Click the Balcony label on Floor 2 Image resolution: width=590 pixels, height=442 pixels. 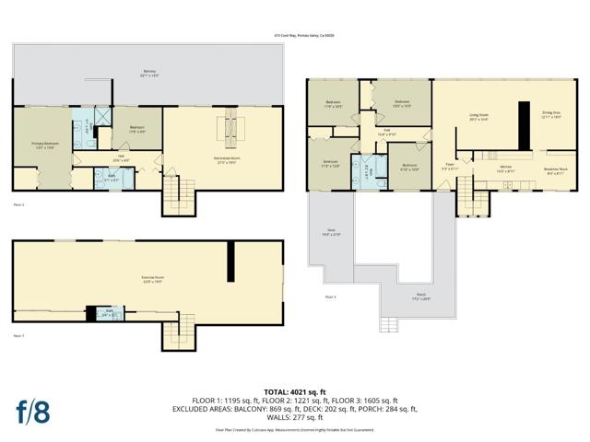[x=148, y=73]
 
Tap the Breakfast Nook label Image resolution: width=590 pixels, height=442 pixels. [x=555, y=170]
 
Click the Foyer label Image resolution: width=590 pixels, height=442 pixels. [x=450, y=169]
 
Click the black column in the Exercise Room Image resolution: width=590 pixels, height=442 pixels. [x=231, y=262]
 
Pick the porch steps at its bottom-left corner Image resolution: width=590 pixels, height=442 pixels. [x=391, y=323]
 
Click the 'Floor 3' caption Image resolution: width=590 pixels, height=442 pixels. [x=330, y=297]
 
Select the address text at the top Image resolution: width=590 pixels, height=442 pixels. [x=294, y=35]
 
